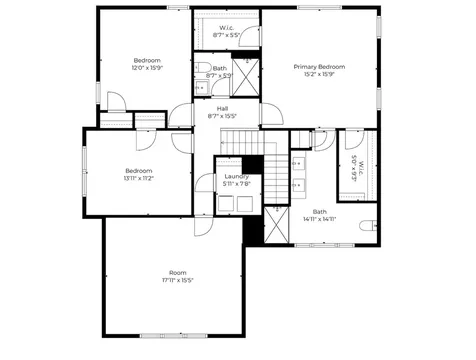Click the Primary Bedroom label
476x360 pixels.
318,67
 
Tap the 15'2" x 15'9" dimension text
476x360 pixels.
318,75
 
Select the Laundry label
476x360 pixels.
236,177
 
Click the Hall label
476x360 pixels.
223,109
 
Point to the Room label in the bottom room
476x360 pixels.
177,272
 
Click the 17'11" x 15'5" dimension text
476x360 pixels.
177,280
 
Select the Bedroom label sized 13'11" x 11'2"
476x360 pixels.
138,170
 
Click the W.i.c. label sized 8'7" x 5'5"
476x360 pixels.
229,27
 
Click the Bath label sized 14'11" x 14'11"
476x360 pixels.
319,211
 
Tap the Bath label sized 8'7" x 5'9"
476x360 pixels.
219,68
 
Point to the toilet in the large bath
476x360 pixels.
368,224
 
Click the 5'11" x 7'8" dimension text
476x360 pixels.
236,185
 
